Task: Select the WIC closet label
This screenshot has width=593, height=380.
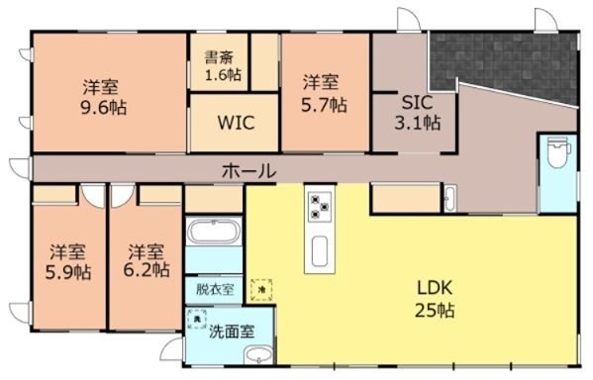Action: pyautogui.click(x=237, y=124)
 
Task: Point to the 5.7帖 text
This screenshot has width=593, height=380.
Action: pyautogui.click(x=324, y=104)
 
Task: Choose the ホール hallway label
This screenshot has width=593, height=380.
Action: pyautogui.click(x=247, y=171)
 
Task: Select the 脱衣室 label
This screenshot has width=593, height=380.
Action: pyautogui.click(x=214, y=290)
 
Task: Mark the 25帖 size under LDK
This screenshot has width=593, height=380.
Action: pyautogui.click(x=434, y=312)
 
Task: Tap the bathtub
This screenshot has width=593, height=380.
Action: pyautogui.click(x=213, y=234)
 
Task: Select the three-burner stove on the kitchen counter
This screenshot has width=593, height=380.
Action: pyautogui.click(x=322, y=207)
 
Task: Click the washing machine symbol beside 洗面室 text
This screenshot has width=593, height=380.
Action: pyautogui.click(x=196, y=319)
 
